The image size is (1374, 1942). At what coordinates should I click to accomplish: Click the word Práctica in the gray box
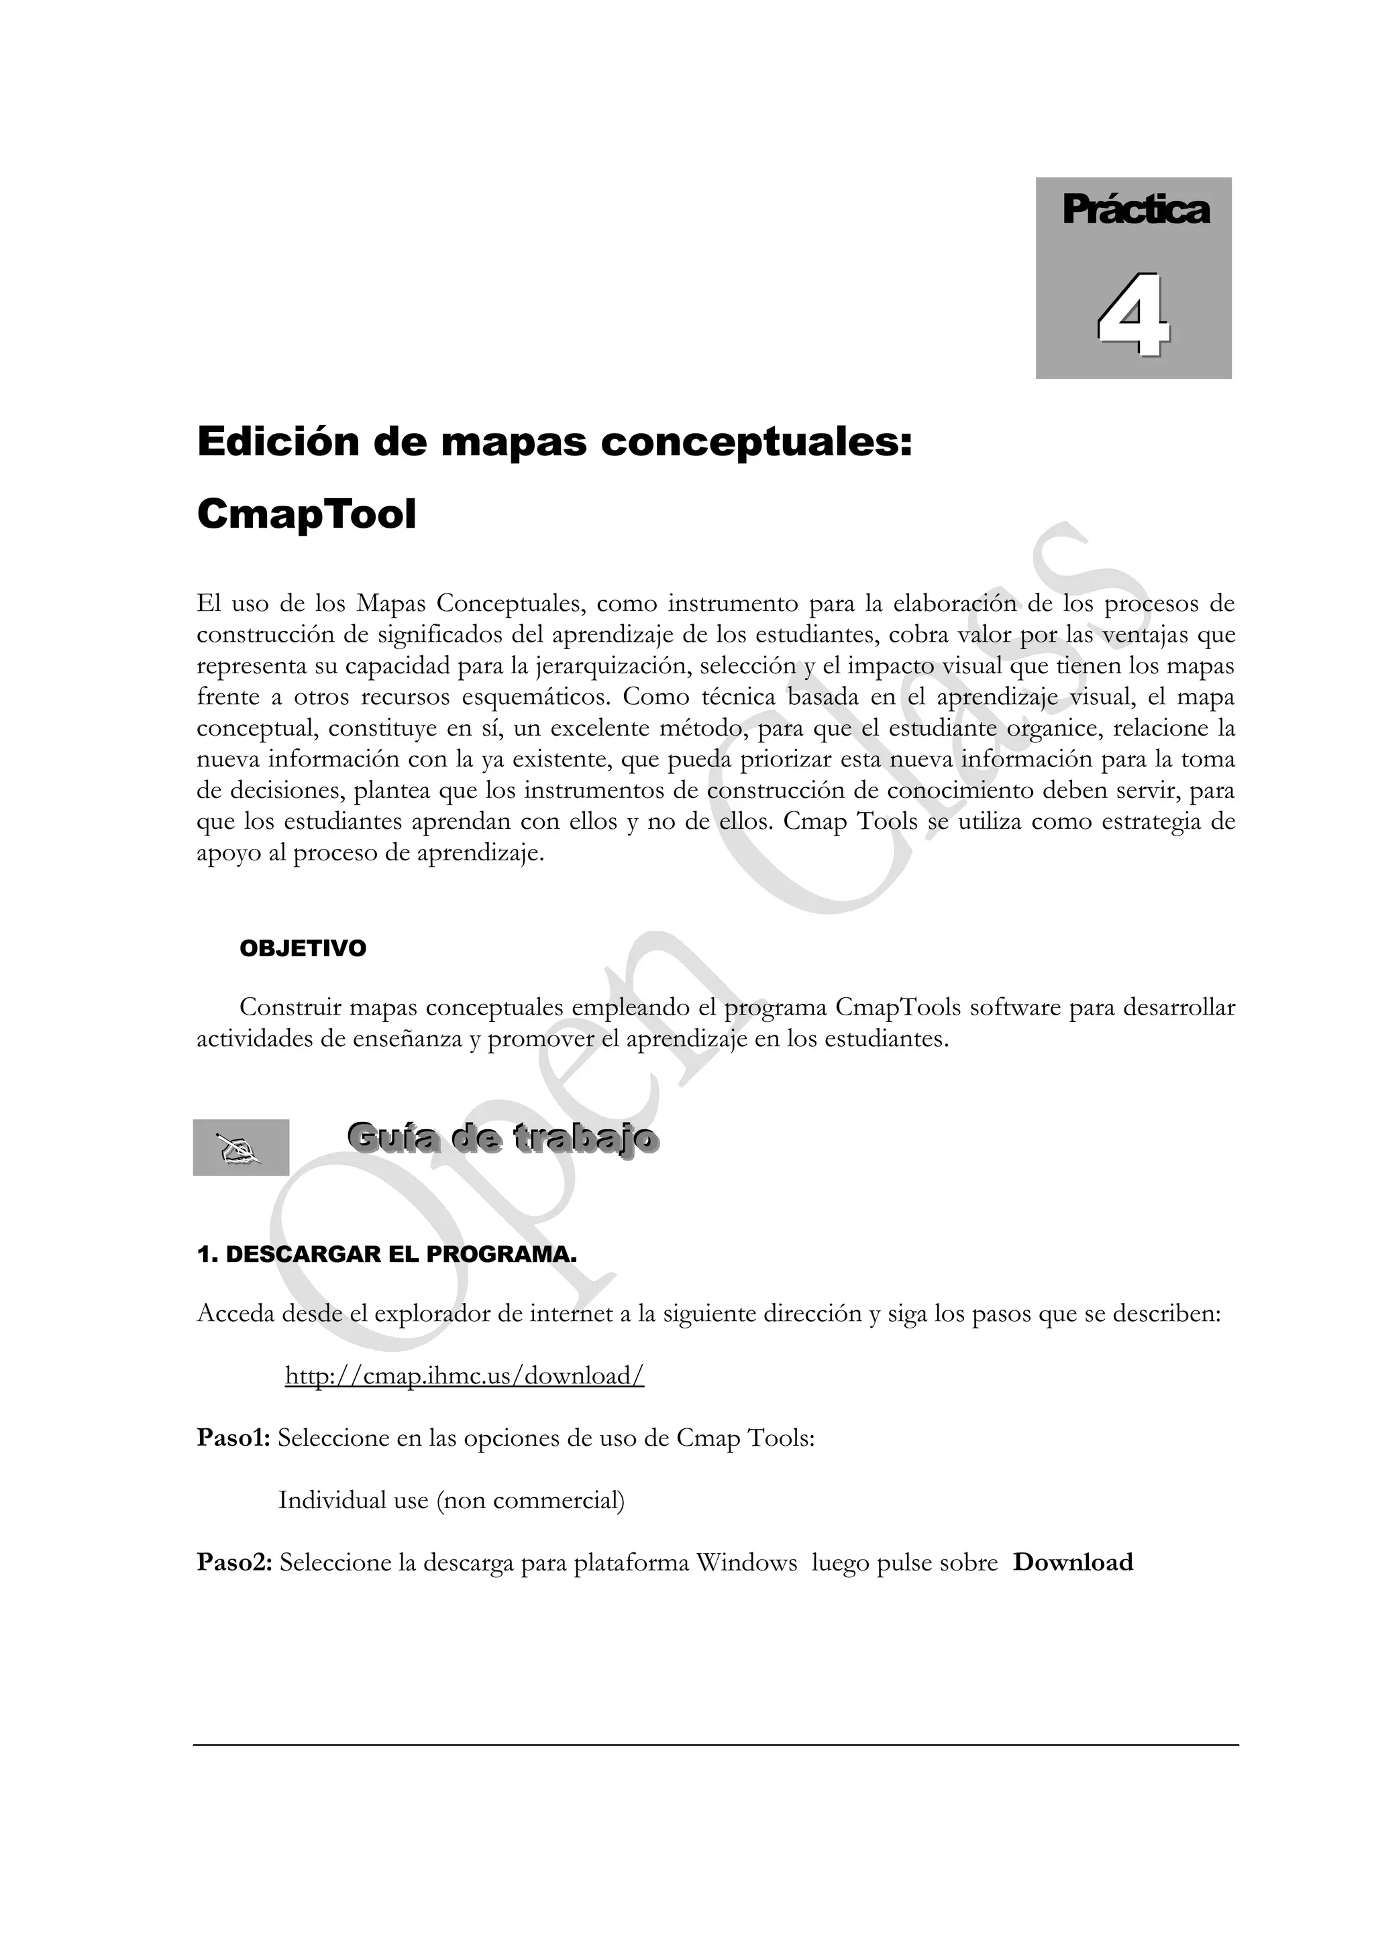1135,210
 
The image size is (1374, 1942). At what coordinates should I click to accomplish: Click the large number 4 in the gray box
1134,315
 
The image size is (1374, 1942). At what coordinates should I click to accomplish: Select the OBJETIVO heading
303,948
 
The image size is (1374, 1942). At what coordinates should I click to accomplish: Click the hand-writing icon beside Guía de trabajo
241,1148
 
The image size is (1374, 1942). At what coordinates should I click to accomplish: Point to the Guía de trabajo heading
503,1139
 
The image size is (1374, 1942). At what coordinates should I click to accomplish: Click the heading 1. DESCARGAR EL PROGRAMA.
386,1255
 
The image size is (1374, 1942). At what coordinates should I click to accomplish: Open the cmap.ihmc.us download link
464,1376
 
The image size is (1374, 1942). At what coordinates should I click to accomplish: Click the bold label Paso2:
234,1562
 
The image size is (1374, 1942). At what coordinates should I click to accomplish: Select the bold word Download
1073,1562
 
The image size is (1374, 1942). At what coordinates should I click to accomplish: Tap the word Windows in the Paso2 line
746,1562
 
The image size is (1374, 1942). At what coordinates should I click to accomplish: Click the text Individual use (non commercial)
452,1501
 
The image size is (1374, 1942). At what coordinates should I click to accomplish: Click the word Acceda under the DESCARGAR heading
237,1314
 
